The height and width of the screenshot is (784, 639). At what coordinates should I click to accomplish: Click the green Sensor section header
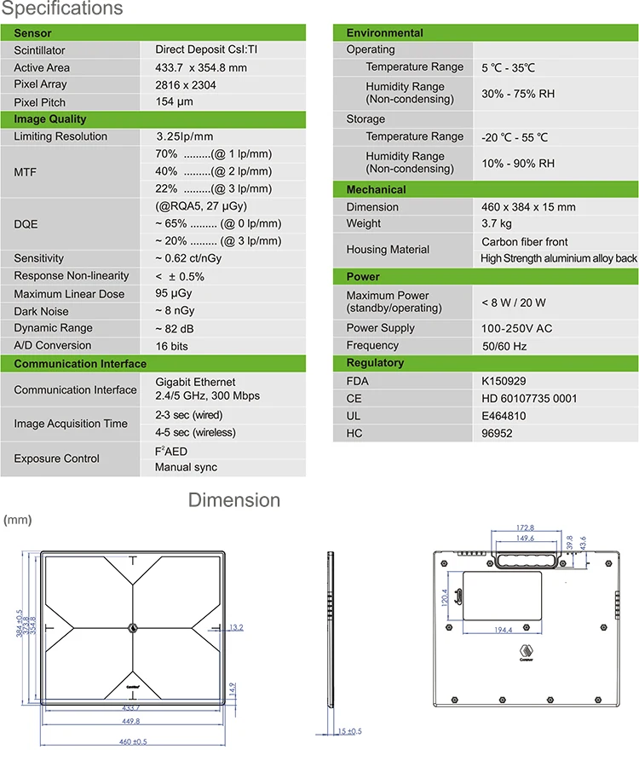tap(32, 32)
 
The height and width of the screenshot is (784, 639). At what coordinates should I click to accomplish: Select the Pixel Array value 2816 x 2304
tap(185, 84)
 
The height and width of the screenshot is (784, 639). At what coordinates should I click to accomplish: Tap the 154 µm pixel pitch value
tap(174, 101)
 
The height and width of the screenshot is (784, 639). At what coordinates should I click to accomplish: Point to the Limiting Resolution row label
tap(60, 136)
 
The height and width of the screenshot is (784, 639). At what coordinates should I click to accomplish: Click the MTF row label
tap(26, 172)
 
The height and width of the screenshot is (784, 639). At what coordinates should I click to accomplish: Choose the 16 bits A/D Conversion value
tap(171, 346)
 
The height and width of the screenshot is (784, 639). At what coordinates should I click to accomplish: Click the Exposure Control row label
tap(56, 458)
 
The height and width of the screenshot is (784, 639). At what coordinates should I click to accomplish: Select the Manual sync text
tap(186, 467)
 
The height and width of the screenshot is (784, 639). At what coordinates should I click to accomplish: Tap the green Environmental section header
tap(384, 32)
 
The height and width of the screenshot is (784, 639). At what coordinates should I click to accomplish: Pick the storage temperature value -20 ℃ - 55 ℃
tap(515, 137)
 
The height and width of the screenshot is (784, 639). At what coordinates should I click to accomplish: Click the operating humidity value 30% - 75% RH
tap(517, 93)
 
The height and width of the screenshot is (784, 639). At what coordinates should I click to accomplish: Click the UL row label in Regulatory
tap(354, 416)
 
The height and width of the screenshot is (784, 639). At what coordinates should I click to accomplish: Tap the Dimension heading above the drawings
tap(233, 500)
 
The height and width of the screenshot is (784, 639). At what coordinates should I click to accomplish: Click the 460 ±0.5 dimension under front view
tap(131, 741)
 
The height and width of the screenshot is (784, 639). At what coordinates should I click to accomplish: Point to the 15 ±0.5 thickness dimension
tap(348, 731)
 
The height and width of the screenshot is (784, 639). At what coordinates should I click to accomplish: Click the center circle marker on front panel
tap(132, 628)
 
